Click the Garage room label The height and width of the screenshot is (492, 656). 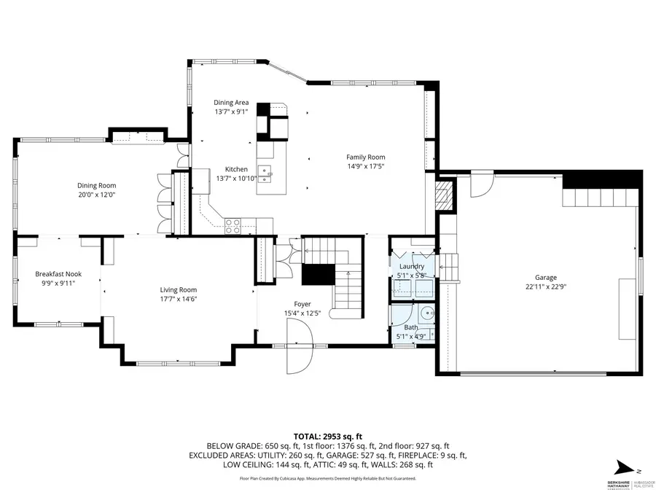[545, 278]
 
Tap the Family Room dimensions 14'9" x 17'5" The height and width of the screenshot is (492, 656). [365, 167]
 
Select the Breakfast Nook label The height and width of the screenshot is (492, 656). [58, 274]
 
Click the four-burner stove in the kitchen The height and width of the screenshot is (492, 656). [233, 226]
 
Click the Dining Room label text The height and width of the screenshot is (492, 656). [97, 185]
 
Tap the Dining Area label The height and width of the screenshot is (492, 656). [231, 103]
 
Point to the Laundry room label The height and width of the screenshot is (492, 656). [411, 267]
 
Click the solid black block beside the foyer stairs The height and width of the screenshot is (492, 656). [316, 275]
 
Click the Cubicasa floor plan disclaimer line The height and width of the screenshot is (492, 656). [327, 479]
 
